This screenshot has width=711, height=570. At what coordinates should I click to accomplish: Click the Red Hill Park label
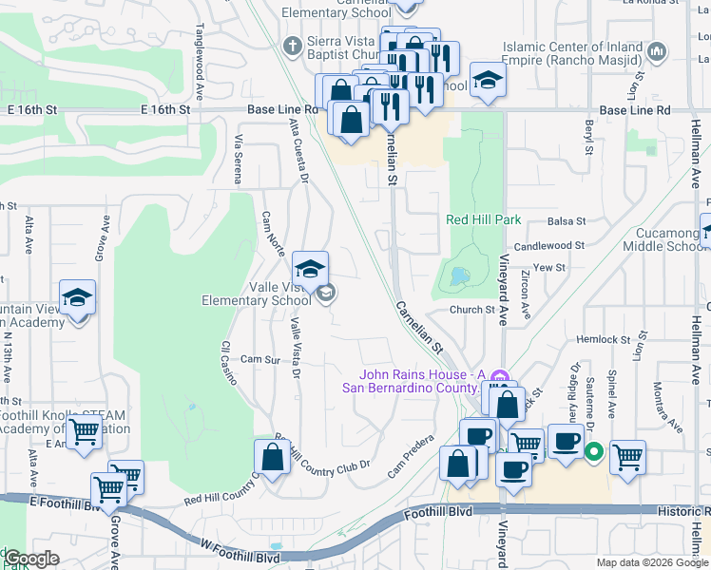coord(484,219)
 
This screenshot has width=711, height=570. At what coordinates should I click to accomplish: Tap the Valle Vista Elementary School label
coord(256,294)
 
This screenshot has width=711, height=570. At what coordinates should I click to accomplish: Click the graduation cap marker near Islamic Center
coord(488,80)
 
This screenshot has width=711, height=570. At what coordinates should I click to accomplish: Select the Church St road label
coord(472,309)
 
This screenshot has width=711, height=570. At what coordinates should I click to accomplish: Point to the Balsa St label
coord(567,221)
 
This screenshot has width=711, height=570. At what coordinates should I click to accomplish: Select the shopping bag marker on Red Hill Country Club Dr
coord(273,457)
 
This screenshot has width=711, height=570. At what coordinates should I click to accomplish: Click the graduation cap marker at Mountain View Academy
coord(77,298)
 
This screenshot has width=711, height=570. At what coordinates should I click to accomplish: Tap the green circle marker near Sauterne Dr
coord(595,452)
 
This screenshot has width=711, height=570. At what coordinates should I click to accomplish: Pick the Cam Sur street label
coord(259,360)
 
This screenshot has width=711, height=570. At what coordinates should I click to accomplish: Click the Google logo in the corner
coord(31,559)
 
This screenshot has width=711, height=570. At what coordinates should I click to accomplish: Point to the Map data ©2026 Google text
coord(652,562)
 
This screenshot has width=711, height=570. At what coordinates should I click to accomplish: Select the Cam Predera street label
coord(410,455)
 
